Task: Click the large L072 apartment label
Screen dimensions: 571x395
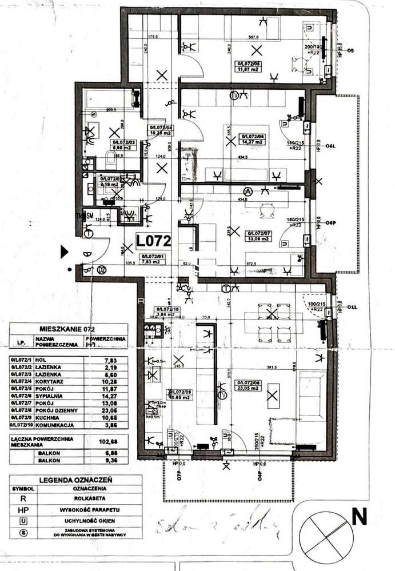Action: click(154, 241)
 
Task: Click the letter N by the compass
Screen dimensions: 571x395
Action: click(358, 517)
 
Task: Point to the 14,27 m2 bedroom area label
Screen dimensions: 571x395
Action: click(254, 138)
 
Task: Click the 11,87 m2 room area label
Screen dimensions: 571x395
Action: click(249, 67)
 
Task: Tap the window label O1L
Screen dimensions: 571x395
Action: click(354, 308)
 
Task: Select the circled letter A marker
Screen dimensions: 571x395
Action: click(248, 190)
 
